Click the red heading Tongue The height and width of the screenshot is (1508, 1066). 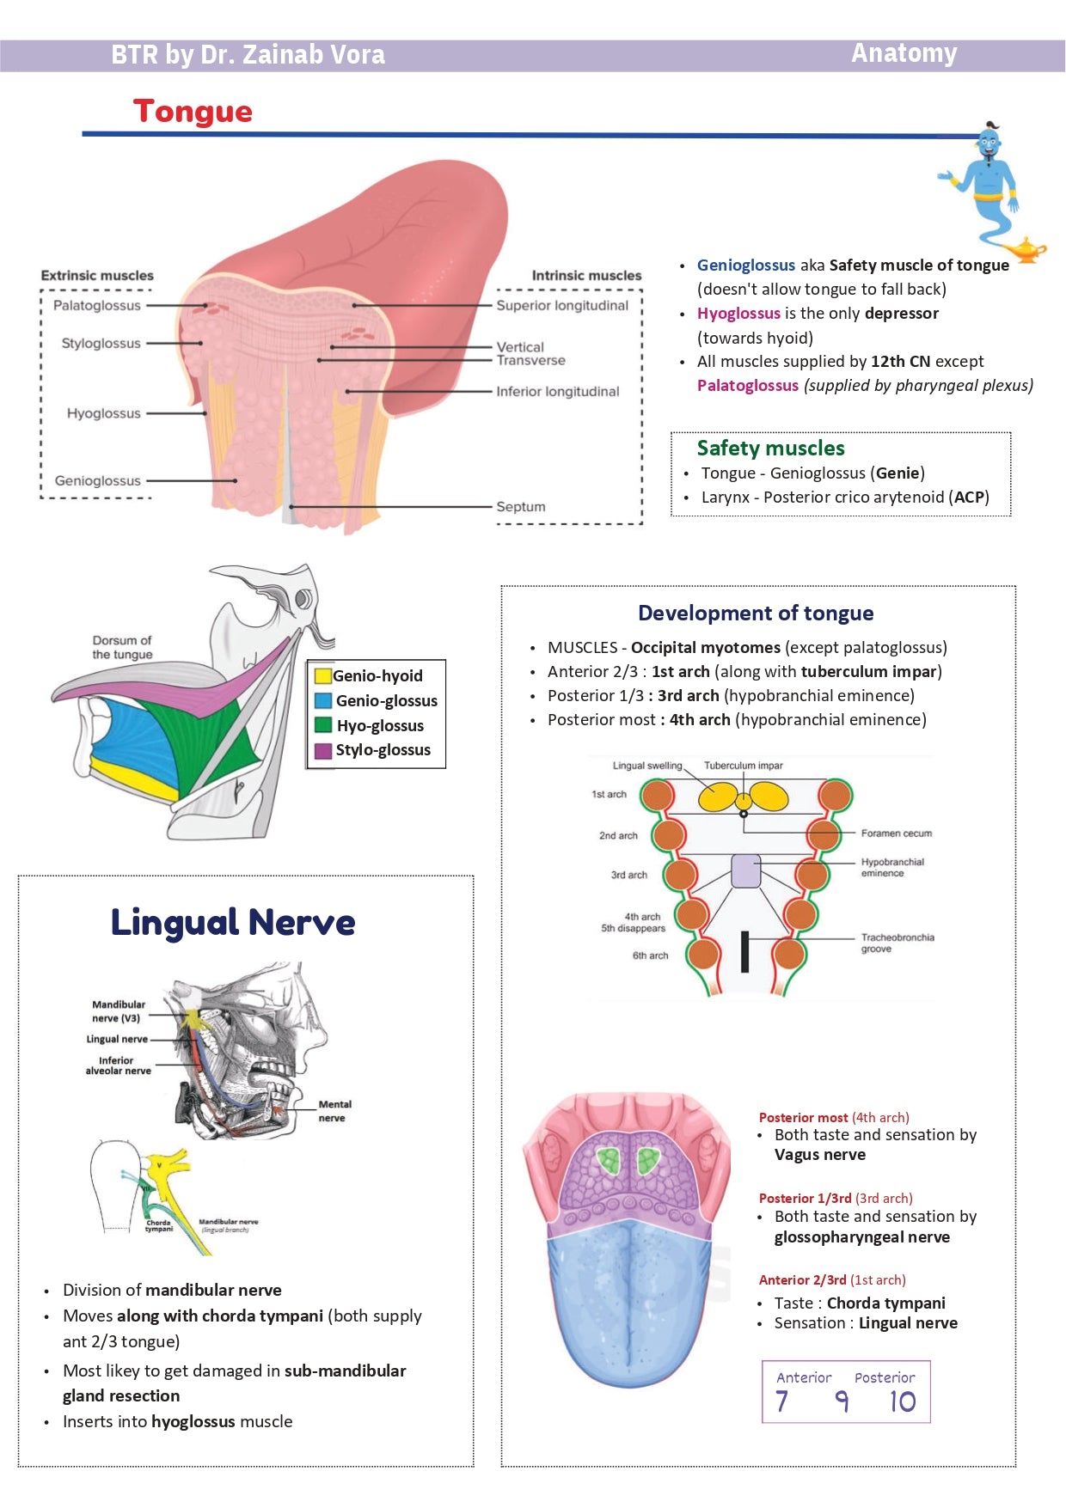point(193,112)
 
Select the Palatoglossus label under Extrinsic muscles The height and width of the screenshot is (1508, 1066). point(96,306)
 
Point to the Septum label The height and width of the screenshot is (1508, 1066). point(520,507)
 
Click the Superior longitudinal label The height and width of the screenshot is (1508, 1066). point(562,306)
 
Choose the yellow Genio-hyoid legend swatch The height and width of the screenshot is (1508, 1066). point(323,676)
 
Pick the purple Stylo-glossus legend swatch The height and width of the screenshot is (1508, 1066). point(323,750)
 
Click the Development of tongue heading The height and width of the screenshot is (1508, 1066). point(755,613)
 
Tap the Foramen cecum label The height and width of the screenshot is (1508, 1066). point(896,833)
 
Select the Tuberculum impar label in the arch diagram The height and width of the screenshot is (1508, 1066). point(743,766)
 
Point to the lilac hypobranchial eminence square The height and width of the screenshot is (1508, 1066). point(745,870)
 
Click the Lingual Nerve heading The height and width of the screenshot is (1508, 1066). point(232,922)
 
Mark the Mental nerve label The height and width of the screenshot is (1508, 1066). point(334,1111)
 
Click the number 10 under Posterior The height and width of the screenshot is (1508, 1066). point(902,1402)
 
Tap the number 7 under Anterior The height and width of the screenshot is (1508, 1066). point(781,1402)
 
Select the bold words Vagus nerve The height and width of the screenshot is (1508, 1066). point(819,1155)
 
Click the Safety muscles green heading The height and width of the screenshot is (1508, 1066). point(770,448)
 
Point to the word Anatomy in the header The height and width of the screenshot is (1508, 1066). point(904,53)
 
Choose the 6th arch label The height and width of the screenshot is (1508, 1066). point(650,955)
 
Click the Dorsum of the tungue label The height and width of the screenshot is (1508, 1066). point(122,647)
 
